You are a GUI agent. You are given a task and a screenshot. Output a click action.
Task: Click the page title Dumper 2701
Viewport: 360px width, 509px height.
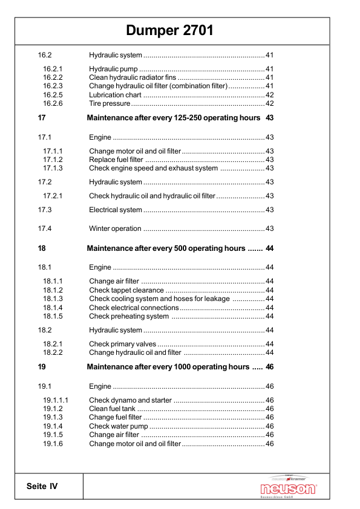(169, 31)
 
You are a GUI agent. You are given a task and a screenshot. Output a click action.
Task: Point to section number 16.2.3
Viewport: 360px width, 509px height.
(53, 86)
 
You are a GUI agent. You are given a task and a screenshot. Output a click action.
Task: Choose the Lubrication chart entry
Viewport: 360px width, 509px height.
(115, 95)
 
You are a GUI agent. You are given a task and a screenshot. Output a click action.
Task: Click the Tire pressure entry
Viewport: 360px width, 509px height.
(110, 103)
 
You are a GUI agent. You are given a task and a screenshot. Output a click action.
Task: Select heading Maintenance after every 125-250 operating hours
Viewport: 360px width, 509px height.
(174, 118)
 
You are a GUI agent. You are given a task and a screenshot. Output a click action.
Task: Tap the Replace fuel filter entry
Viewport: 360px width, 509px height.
(116, 160)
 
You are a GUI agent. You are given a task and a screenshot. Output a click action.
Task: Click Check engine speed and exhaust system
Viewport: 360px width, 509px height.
(153, 168)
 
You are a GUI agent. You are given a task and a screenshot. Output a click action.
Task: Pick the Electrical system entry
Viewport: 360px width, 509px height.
(116, 210)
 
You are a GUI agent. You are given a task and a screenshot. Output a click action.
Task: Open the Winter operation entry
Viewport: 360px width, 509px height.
(115, 229)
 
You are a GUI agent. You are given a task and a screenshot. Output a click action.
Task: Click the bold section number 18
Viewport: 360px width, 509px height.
(42, 248)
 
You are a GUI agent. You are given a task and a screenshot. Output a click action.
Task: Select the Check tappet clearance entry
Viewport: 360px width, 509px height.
(122, 290)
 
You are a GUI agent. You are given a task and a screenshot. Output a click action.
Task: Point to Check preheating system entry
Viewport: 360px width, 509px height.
(129, 316)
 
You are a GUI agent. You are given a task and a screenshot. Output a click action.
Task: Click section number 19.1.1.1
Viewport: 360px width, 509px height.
(56, 400)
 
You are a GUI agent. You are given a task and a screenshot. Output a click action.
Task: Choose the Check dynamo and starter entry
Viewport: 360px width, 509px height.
(130, 400)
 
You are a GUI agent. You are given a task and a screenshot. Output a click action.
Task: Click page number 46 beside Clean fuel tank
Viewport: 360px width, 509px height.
(270, 409)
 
